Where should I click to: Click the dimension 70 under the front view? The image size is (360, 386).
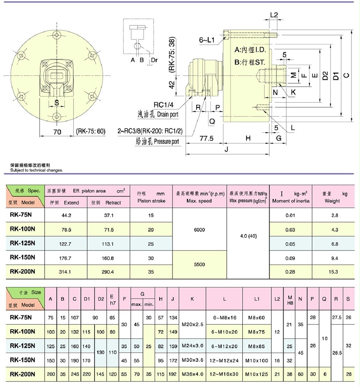pyautogui.click(x=57, y=132)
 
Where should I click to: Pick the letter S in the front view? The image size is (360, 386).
pyautogui.click(x=57, y=103)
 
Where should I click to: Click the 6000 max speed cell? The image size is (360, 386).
pyautogui.click(x=199, y=230)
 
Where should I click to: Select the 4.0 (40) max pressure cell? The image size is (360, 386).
pyautogui.click(x=248, y=236)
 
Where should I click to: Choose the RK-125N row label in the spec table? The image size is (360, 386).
pyautogui.click(x=22, y=244)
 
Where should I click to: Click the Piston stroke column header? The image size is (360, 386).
pyautogui.click(x=151, y=197)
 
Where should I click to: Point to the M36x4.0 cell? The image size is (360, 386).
pyautogui.click(x=192, y=374)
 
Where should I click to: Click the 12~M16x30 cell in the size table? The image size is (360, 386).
pyautogui.click(x=225, y=374)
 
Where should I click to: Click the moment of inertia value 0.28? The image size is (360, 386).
pyautogui.click(x=290, y=272)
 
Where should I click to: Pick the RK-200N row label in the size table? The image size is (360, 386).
pyautogui.click(x=22, y=374)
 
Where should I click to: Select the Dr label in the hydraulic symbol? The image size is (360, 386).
pyautogui.click(x=154, y=60)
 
